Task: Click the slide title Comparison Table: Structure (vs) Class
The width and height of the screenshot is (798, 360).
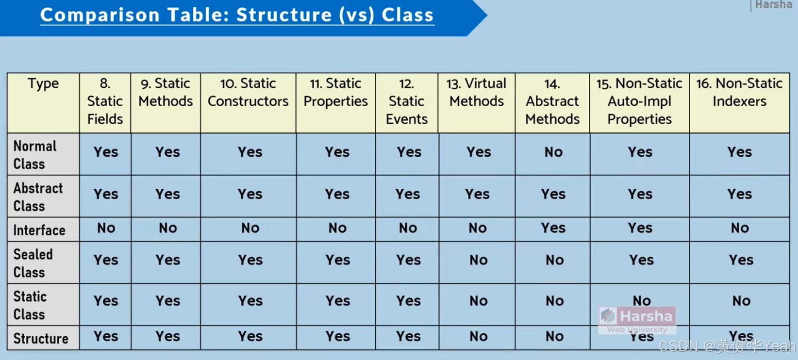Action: point(237,15)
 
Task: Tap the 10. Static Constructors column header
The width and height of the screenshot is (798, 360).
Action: point(248,92)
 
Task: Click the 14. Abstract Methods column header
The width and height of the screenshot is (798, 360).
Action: point(552,101)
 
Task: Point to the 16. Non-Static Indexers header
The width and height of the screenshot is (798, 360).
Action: point(739,92)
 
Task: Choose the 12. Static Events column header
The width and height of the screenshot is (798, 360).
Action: point(407,101)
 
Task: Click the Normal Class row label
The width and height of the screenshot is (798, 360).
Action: point(35,155)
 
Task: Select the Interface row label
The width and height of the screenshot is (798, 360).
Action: point(39,230)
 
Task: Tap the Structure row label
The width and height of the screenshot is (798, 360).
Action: point(41,338)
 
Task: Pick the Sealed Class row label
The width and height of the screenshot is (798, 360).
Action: point(33,263)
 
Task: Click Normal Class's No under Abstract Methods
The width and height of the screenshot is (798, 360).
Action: point(553,152)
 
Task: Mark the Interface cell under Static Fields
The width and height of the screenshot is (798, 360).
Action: point(106,228)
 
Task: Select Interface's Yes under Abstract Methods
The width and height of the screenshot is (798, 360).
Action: point(553,228)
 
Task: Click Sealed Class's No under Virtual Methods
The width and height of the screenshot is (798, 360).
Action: point(478,261)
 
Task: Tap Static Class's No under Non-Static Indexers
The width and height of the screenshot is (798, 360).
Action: point(741,301)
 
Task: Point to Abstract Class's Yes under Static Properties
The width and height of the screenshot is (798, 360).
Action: point(337,194)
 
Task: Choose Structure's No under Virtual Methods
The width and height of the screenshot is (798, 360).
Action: point(478,336)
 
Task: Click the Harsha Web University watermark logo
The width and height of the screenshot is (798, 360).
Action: point(637,320)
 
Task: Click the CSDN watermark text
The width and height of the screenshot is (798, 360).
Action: point(727,346)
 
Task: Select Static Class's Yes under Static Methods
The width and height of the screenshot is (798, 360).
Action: point(168,301)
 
